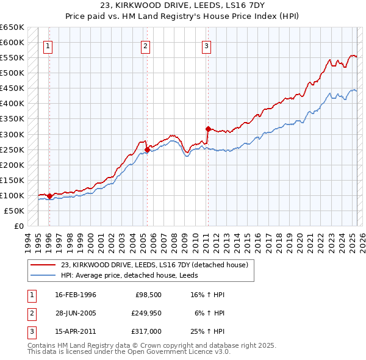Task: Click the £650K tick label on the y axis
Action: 13,27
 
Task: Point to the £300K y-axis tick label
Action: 13,134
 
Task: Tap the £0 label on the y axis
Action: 19,226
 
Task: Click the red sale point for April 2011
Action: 208,129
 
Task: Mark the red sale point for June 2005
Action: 147,149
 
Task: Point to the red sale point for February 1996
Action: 49,196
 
